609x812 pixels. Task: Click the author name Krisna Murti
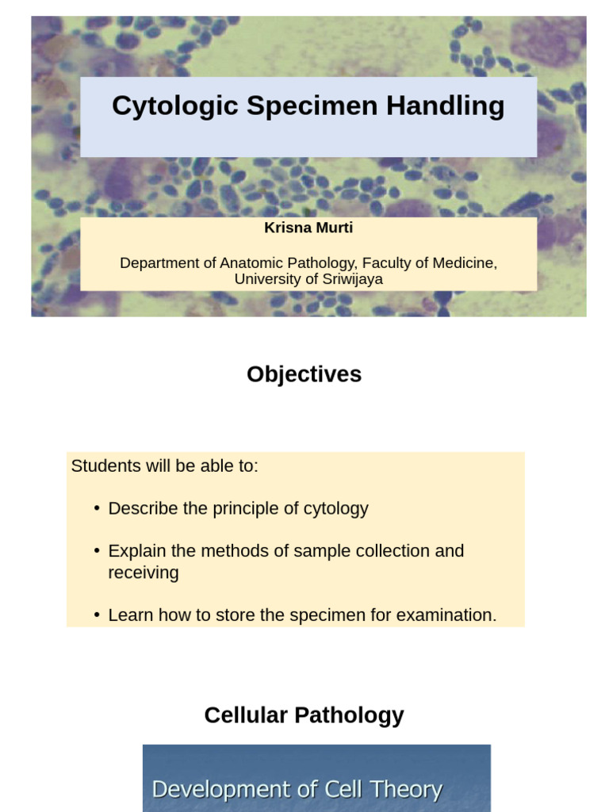tap(308, 228)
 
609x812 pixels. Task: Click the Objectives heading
tap(304, 374)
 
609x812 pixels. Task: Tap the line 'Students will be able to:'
tap(165, 466)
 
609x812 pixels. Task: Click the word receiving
tap(144, 573)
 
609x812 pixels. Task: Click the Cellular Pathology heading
tap(304, 715)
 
